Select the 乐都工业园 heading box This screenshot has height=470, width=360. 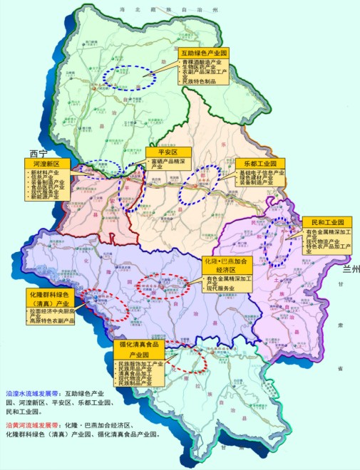(260, 163)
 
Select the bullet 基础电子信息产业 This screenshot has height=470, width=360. (262, 172)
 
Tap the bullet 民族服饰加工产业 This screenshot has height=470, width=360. (140, 364)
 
